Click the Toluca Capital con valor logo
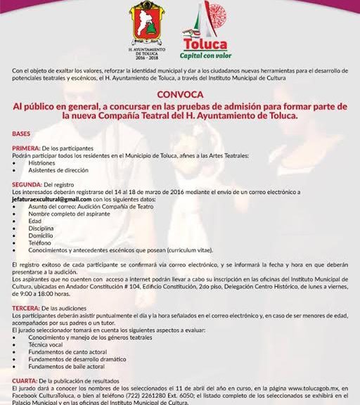point(205,31)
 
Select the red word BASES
point(21,133)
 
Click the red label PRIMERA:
point(26,148)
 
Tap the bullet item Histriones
point(42,162)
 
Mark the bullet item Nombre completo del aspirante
point(65,214)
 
